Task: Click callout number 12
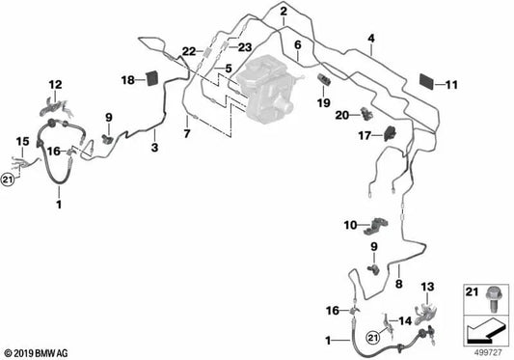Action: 55,84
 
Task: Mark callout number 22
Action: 189,51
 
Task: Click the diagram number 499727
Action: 488,348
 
